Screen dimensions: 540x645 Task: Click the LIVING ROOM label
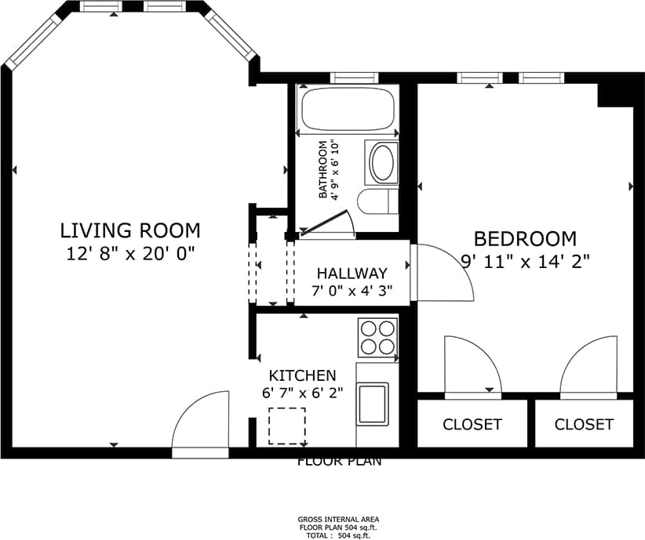coord(130,230)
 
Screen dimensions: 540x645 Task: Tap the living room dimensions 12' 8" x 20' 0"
coord(130,253)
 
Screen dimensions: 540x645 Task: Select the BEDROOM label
coord(525,238)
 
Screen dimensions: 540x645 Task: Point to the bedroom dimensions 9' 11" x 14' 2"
coord(525,261)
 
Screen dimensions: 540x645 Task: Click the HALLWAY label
coord(352,274)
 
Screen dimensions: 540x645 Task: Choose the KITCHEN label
coord(302,376)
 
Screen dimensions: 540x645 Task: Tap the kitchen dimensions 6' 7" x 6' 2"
coord(302,393)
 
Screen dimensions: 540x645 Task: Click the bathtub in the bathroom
coord(348,111)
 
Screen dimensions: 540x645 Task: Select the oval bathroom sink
coord(382,163)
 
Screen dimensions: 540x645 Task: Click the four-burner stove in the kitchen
coord(377,338)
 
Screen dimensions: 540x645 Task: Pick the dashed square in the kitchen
coord(287,426)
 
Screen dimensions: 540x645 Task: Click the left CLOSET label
coord(472,424)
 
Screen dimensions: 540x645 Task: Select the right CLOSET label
coord(584,424)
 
